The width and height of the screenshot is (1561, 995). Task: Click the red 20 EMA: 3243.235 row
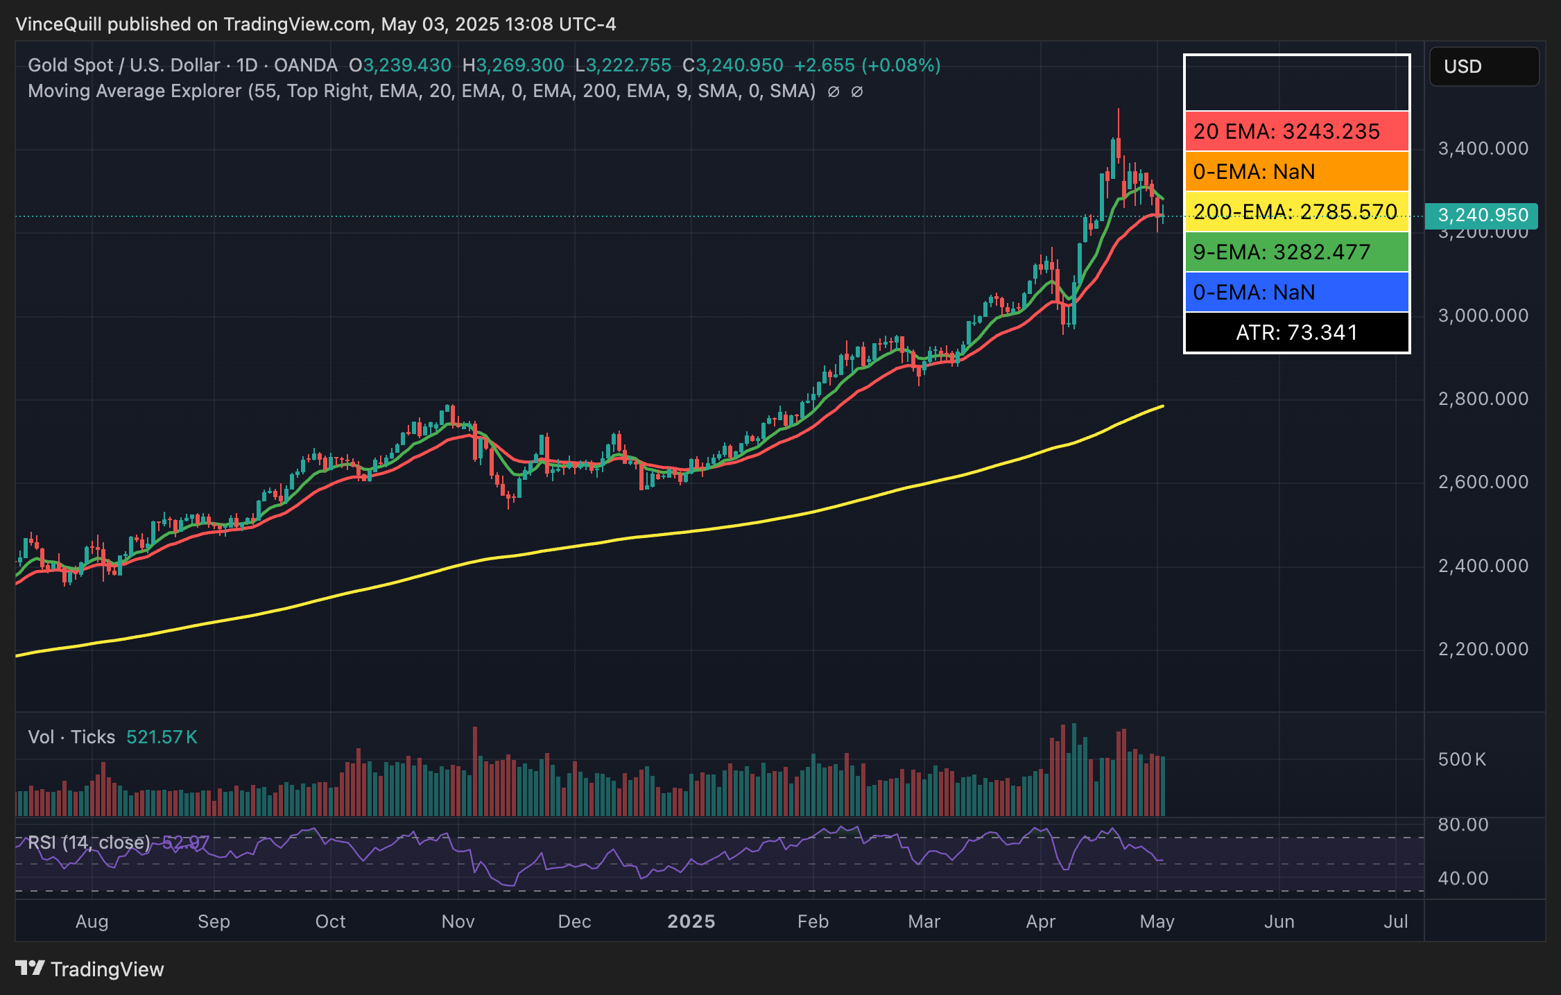(1296, 131)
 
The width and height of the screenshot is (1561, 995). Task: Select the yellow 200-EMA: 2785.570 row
(1296, 211)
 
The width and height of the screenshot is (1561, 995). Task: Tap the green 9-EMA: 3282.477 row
(1296, 252)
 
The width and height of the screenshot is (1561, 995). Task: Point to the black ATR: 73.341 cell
(1296, 333)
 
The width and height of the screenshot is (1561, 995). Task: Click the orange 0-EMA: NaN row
(1296, 171)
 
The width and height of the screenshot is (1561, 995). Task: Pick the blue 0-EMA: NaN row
(1296, 292)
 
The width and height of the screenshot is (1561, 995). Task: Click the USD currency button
(1483, 67)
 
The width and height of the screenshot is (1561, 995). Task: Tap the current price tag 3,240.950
(1482, 216)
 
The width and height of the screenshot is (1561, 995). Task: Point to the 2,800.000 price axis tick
(1483, 399)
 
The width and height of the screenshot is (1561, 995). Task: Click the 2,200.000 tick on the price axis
(1483, 649)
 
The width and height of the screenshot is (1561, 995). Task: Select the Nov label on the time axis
(458, 922)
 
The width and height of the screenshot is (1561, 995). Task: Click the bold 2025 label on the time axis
(691, 922)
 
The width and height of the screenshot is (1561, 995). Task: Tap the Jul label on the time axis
(1395, 922)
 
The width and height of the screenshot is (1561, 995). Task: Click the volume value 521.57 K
(162, 737)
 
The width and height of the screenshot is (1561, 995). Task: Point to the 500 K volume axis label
(1462, 759)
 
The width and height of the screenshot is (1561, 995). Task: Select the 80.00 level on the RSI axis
(1463, 824)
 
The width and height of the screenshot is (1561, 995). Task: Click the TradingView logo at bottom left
(89, 969)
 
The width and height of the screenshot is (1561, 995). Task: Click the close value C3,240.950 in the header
(732, 65)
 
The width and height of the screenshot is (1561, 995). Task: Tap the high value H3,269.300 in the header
(513, 65)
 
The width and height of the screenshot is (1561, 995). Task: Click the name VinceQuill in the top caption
(58, 24)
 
